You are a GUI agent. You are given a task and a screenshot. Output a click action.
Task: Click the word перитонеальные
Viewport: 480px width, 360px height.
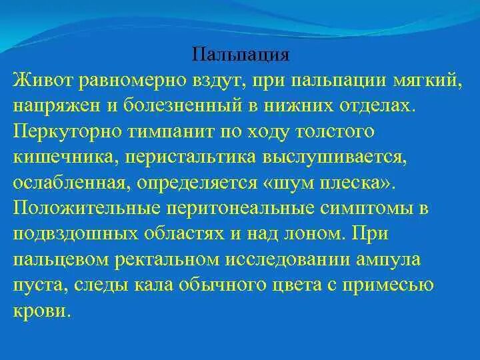246,209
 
